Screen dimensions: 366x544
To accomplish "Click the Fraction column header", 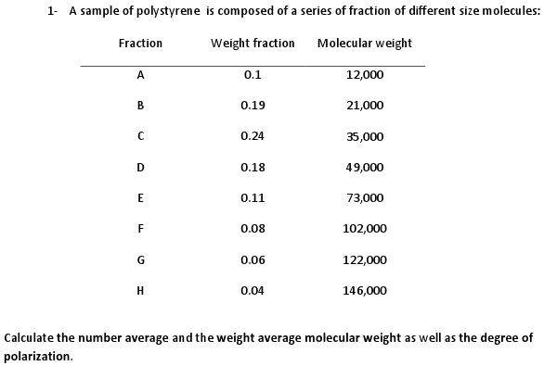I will (140, 44).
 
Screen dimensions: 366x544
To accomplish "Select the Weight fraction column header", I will (253, 44).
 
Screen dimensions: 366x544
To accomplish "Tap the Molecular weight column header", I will (364, 44).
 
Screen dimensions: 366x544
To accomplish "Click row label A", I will (140, 74).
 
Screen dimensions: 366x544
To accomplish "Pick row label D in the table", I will (140, 167).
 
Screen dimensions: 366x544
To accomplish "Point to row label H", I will (140, 290).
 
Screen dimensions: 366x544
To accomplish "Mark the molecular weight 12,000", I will (365, 75).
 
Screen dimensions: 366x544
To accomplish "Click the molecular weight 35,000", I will (365, 136).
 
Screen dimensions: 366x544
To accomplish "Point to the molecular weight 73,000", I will (365, 198).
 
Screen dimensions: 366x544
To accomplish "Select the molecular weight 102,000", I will (365, 229).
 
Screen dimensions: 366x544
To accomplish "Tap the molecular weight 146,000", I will (365, 290).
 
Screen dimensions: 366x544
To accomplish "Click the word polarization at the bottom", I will (37, 355).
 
